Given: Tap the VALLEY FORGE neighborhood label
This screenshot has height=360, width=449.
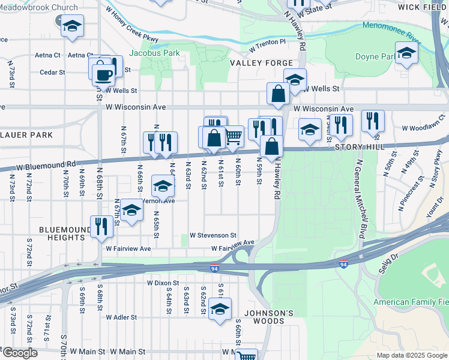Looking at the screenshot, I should [261, 63].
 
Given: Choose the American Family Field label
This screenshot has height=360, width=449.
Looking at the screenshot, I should [411, 302].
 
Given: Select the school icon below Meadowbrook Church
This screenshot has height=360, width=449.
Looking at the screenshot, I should [73, 26].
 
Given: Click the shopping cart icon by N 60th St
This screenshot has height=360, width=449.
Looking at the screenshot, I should [234, 136].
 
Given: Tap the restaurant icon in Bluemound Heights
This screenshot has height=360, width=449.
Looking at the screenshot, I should [100, 226].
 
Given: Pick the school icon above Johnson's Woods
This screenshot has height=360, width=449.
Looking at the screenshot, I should [220, 309].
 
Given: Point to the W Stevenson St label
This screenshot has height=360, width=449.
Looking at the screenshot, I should [213, 236].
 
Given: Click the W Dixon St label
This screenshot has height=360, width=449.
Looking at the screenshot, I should [163, 282].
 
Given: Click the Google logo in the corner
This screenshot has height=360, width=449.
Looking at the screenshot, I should [20, 353].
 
